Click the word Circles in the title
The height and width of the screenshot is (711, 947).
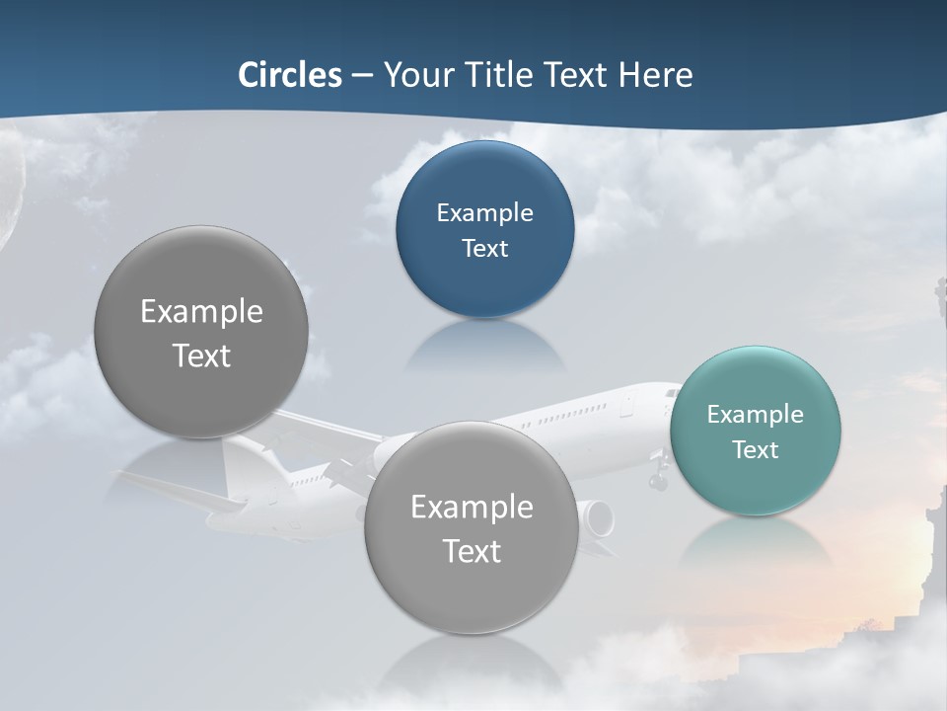[x=289, y=75]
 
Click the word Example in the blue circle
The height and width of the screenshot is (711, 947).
[x=484, y=212]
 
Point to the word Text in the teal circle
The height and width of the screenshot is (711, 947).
[x=755, y=449]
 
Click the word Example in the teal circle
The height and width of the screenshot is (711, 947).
[x=755, y=415]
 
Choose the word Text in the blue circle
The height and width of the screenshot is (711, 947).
[x=484, y=248]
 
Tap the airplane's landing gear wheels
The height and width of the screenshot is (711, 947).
[x=658, y=481]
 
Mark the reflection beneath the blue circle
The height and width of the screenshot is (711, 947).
[x=484, y=343]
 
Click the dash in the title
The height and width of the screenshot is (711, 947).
[x=362, y=75]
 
